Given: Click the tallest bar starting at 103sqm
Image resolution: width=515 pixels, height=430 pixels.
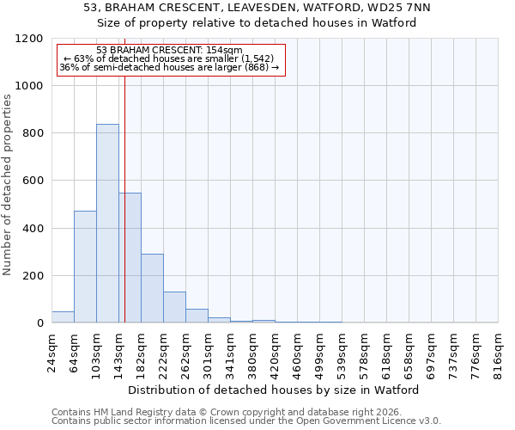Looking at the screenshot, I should [x=107, y=224].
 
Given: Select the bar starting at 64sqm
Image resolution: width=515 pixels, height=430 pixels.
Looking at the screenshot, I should [x=85, y=267].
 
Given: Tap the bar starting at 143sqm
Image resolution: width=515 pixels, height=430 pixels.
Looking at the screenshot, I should [x=130, y=258].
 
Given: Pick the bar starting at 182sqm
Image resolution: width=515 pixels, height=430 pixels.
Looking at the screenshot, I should [x=152, y=288].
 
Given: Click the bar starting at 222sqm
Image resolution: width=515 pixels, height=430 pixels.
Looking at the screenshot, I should [x=174, y=307].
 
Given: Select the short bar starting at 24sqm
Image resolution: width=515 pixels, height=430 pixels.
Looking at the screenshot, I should [x=63, y=317].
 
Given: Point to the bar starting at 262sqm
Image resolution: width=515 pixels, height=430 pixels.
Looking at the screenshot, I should [x=197, y=316].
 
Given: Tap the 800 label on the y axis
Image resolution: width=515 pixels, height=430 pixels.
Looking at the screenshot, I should [x=33, y=133].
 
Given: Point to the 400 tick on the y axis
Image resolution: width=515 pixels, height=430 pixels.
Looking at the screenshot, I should [x=33, y=229].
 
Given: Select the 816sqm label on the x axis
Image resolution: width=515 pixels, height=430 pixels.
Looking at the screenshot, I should [x=499, y=353].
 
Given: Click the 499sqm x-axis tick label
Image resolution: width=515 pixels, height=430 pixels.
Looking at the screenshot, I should [x=320, y=353].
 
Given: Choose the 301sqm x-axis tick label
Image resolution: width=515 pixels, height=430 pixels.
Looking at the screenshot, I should [x=209, y=353].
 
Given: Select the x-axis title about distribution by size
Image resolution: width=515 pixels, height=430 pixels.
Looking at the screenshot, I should [x=275, y=390].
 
